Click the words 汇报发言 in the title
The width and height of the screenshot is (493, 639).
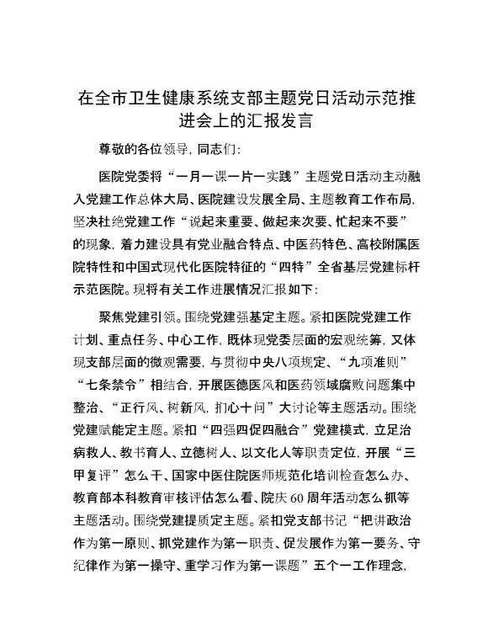[278, 121]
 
